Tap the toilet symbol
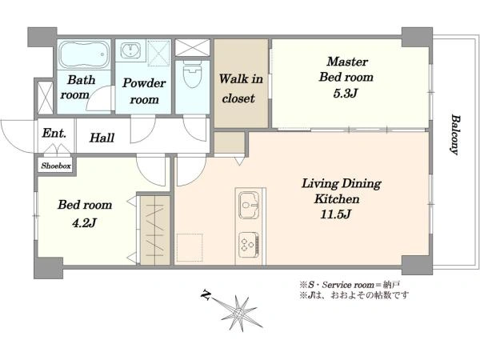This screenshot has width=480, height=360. tap(192, 74)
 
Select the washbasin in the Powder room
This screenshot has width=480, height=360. tap(130, 50)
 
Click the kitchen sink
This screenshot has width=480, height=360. tap(249, 205)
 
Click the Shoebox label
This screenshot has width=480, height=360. tap(56, 166)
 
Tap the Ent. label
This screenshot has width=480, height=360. tap(54, 134)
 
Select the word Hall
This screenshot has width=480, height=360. tap(102, 138)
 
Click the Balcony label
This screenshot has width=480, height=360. tap(455, 134)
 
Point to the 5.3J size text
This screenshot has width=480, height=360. tap(346, 94)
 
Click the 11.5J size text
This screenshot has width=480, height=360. tap(335, 214)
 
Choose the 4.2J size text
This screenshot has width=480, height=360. tap(84, 223)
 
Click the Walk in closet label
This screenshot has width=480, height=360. tap(241, 89)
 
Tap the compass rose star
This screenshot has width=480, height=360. tap(238, 313)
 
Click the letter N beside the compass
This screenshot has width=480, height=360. tap(206, 294)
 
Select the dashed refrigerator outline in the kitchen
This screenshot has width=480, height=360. tap(190, 247)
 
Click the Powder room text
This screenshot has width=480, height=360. tap(144, 91)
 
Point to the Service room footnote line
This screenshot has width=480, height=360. tap(350, 285)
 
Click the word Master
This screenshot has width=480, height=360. tap(347, 62)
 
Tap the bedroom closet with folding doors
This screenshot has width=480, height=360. tap(154, 230)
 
